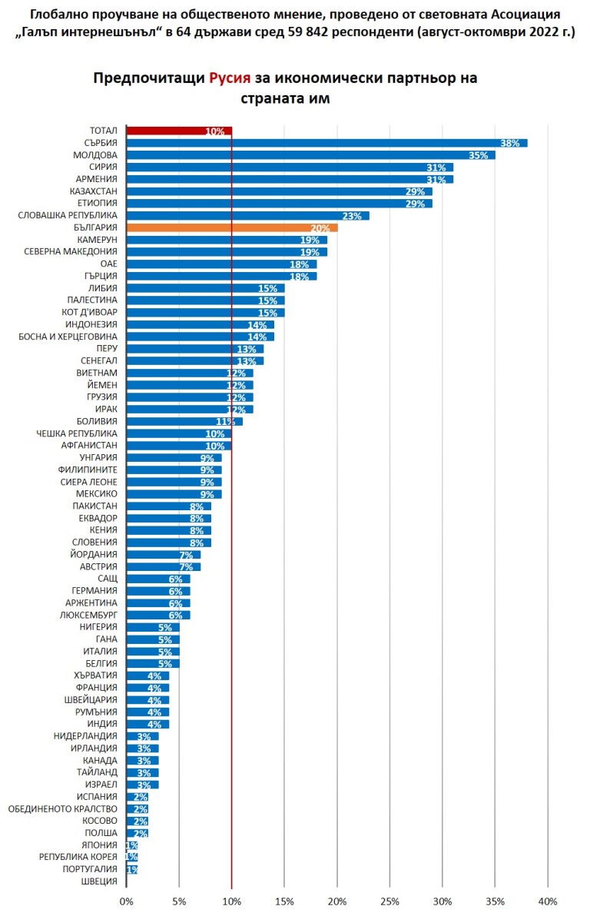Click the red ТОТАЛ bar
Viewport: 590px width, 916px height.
pos(178,131)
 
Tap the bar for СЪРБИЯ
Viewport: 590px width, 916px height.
pos(326,143)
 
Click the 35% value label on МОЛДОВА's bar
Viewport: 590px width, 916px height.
pos(479,155)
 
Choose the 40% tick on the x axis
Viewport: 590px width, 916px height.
pos(547,901)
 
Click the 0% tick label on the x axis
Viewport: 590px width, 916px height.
pos(127,901)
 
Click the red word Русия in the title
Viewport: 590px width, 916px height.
pos(230,79)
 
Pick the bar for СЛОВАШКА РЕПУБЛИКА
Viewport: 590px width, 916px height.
pos(247,215)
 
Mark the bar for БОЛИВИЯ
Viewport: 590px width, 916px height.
pos(184,421)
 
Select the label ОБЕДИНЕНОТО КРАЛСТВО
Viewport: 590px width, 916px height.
pos(62,808)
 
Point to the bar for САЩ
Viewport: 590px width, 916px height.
pos(158,579)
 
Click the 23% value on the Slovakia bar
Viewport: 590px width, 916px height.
pos(352,216)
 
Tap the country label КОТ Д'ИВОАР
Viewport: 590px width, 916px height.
pos(89,312)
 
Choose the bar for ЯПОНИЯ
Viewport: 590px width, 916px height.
pos(132,845)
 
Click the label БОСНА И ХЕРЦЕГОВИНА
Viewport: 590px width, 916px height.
pos(68,337)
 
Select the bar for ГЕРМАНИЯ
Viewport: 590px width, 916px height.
pos(158,591)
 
